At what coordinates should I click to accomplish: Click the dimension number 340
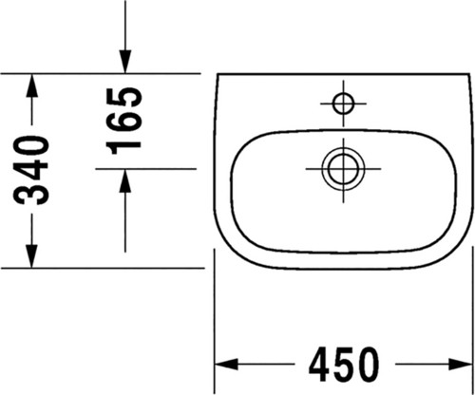(x=31, y=170)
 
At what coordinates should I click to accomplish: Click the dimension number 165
(x=123, y=122)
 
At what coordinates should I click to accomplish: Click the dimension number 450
(x=344, y=365)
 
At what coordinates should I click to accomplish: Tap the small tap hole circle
(x=344, y=103)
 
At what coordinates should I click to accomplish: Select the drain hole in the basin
(x=344, y=168)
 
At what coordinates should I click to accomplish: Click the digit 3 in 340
(x=31, y=195)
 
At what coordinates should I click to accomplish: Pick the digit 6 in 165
(x=123, y=122)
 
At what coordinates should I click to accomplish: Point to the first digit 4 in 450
(x=320, y=365)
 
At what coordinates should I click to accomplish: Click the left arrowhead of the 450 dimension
(x=226, y=365)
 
